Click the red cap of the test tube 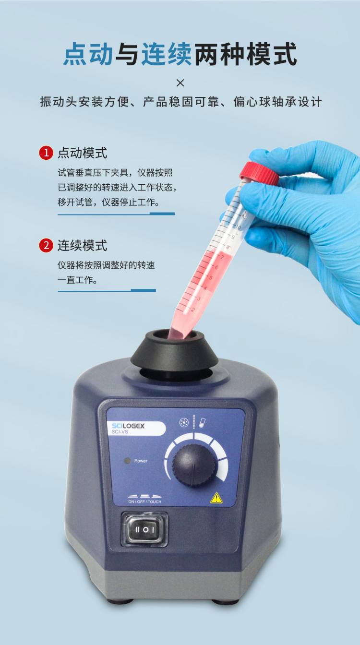[x=259, y=173]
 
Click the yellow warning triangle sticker [x=216, y=498]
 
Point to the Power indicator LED [x=127, y=461]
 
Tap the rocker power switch [x=144, y=529]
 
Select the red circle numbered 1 [x=46, y=153]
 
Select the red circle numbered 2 [x=46, y=246]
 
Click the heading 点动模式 [x=82, y=153]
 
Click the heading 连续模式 [x=82, y=246]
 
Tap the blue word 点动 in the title [x=88, y=54]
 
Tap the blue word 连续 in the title [x=166, y=54]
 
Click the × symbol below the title [x=180, y=83]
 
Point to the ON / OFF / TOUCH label [x=144, y=502]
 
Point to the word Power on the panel [x=141, y=461]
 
